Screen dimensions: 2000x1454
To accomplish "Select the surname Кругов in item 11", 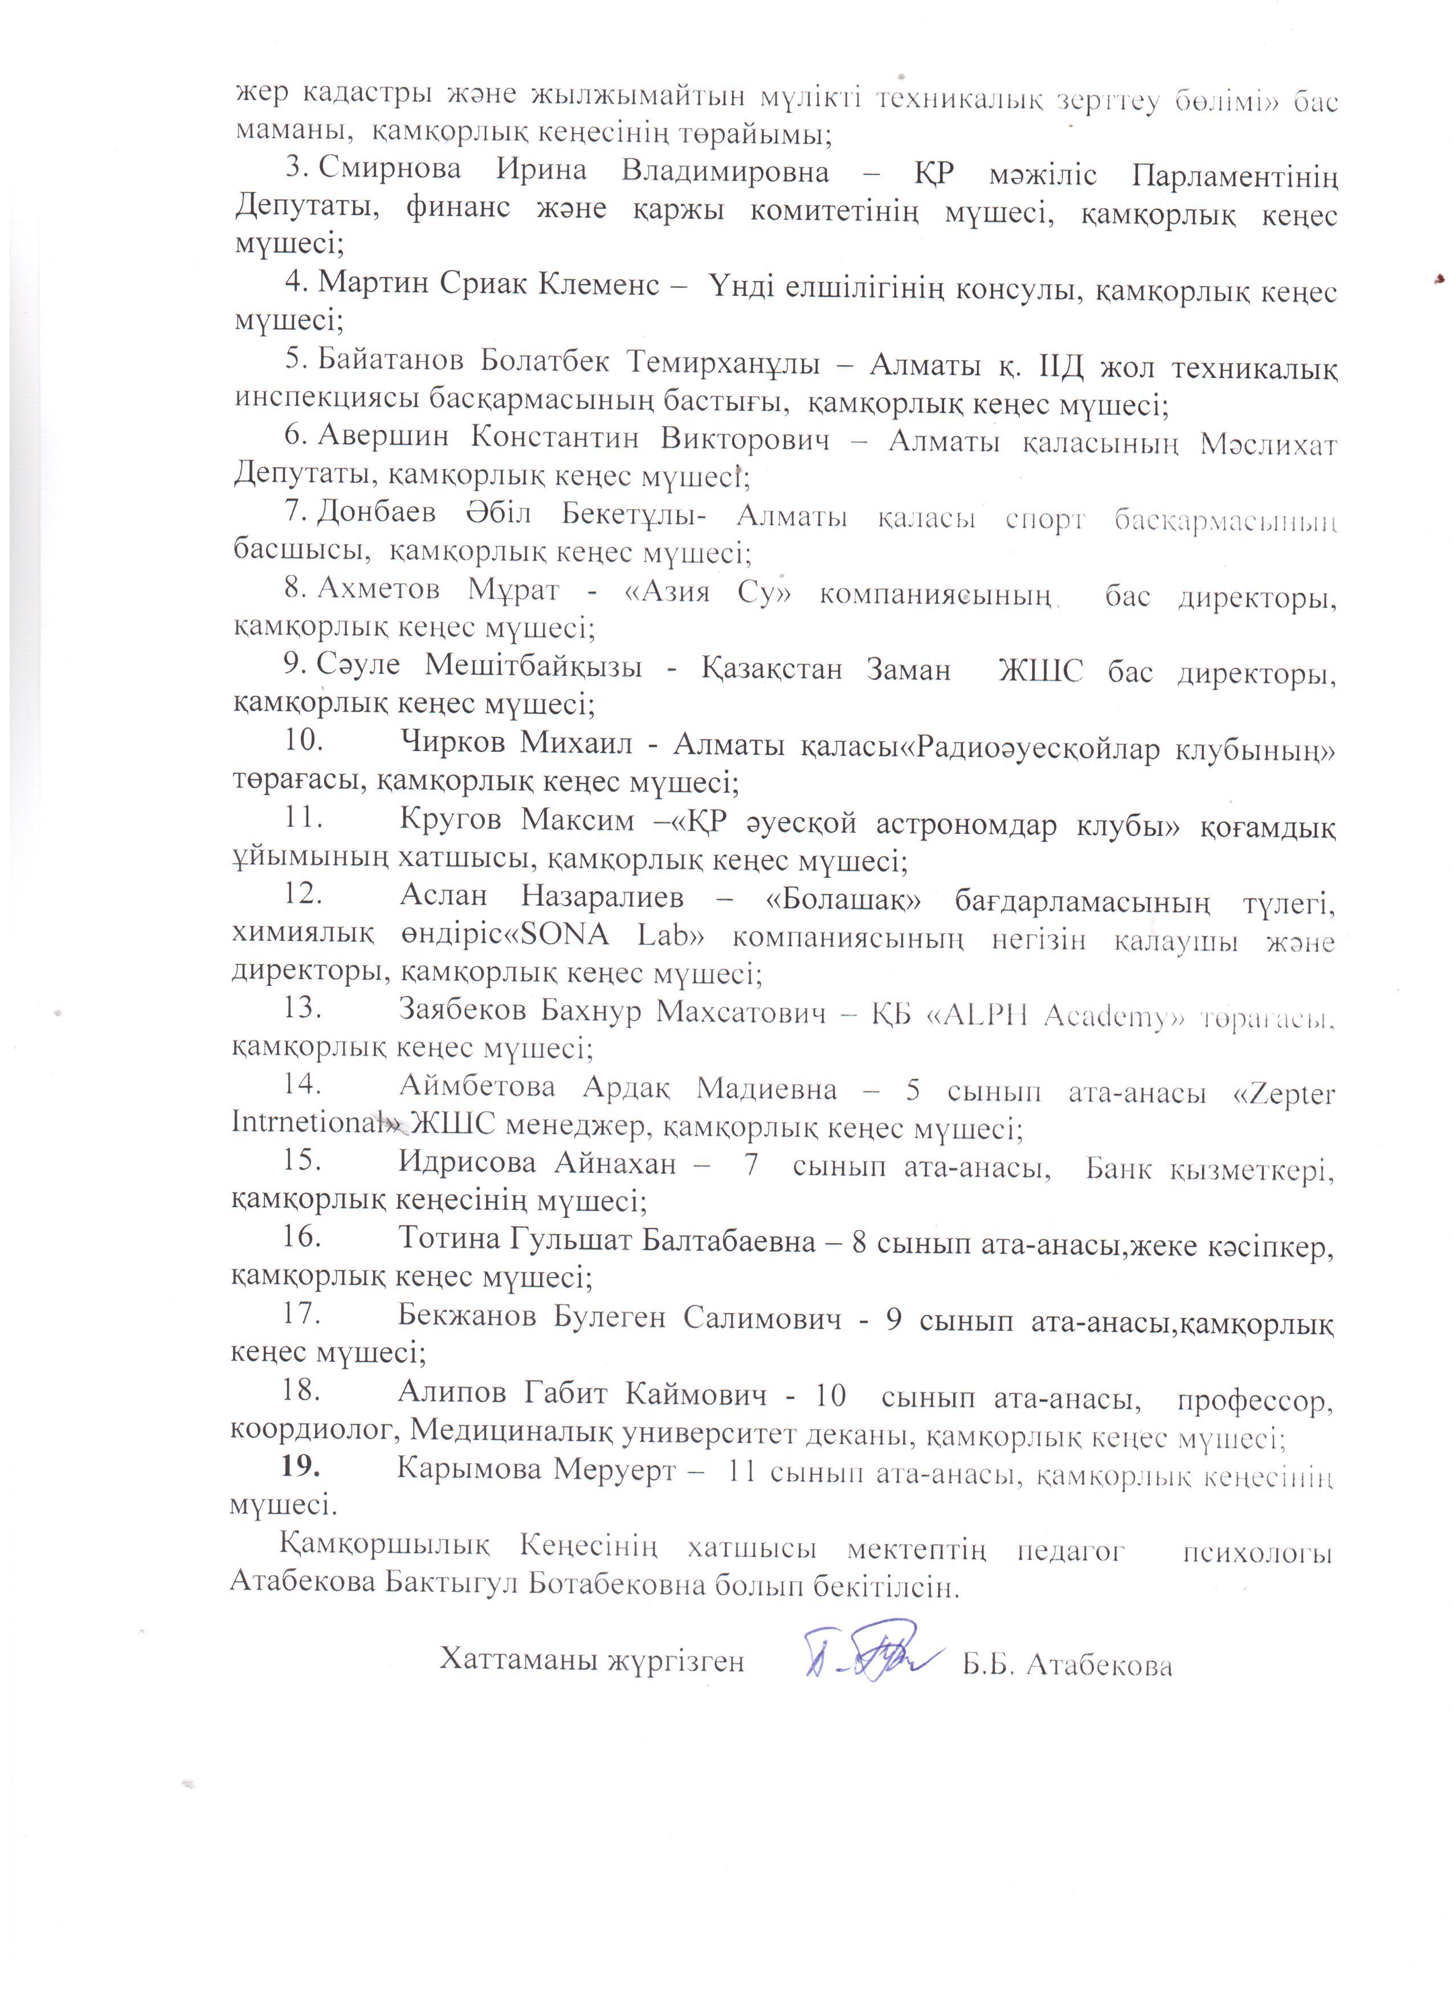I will point(450,819).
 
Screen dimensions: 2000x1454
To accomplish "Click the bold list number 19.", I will point(300,1468).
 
